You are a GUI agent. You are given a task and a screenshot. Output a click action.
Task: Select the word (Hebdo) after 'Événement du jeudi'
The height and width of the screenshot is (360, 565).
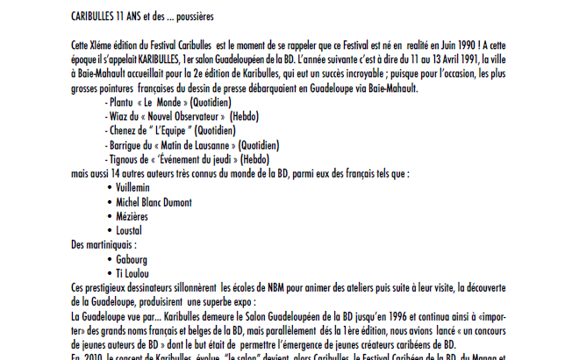click(x=252, y=159)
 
